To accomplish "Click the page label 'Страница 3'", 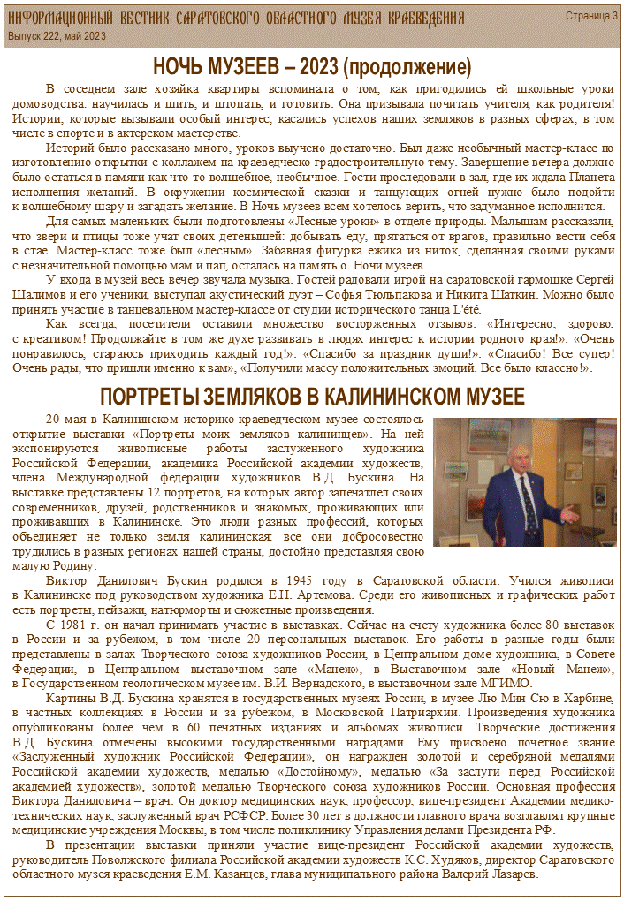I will [591, 17].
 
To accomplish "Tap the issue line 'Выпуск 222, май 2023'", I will [57, 36].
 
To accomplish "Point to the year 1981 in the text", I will [85, 624].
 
